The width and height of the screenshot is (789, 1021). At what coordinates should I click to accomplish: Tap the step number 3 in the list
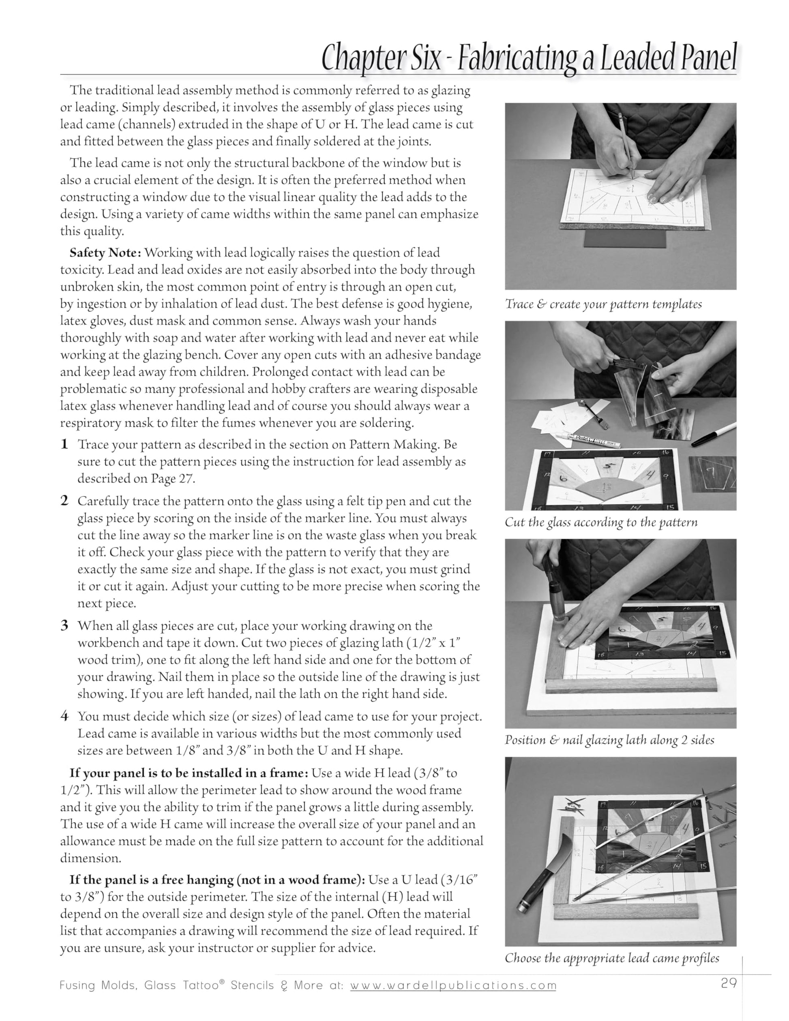pos(64,625)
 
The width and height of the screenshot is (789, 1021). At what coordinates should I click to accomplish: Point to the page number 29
pos(729,984)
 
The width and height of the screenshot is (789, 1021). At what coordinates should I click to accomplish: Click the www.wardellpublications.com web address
pos(453,985)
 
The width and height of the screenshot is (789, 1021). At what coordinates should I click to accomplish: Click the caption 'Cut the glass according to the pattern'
pos(601,522)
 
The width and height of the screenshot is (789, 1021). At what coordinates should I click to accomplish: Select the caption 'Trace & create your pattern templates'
pos(603,304)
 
